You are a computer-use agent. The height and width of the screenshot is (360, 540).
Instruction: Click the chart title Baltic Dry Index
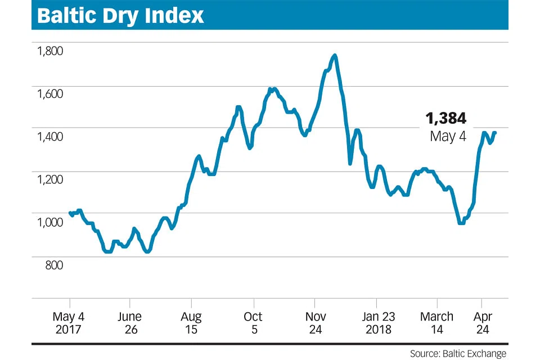[120, 15]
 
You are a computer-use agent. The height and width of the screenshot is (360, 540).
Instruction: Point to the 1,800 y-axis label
[49, 51]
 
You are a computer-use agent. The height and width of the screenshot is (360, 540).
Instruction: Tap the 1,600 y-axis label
[49, 94]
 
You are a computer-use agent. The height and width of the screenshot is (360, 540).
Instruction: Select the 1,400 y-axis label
[49, 137]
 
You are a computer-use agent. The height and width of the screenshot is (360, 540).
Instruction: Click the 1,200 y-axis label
[49, 179]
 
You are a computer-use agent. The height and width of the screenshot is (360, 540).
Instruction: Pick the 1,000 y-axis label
[49, 222]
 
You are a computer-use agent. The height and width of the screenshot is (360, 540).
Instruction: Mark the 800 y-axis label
[53, 265]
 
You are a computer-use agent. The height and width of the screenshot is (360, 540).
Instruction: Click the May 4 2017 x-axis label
[69, 323]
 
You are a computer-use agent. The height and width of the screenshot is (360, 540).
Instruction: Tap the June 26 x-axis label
[130, 323]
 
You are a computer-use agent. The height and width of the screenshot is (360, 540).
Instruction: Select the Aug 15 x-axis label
[192, 323]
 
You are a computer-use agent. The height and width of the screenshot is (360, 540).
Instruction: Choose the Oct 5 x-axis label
[253, 323]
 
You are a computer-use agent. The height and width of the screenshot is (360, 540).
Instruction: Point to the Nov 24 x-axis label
[315, 323]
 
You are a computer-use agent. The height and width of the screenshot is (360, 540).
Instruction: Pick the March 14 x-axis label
[437, 323]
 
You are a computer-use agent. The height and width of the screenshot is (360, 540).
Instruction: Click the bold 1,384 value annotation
[445, 118]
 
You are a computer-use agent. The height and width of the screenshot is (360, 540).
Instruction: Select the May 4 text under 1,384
[448, 136]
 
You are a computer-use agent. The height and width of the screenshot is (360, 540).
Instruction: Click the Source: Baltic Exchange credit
[458, 353]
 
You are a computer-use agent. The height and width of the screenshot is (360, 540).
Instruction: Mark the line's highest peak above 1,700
[335, 55]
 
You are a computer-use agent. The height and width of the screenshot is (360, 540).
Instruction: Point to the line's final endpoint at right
[495, 133]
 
